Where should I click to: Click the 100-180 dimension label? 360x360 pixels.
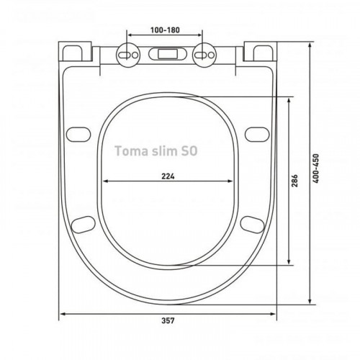pyautogui.click(x=165, y=30)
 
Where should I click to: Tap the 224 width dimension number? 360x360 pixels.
pyautogui.click(x=168, y=176)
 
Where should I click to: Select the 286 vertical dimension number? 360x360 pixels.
pyautogui.click(x=294, y=181)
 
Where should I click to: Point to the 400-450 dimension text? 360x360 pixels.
pyautogui.click(x=316, y=168)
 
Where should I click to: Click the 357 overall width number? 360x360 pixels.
pyautogui.click(x=168, y=320)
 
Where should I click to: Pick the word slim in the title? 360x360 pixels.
pyautogui.click(x=163, y=151)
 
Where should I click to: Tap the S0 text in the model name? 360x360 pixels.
pyautogui.click(x=189, y=151)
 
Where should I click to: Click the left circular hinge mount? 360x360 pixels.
pyautogui.click(x=128, y=55)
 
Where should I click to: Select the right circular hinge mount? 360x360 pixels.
pyautogui.click(x=204, y=55)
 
